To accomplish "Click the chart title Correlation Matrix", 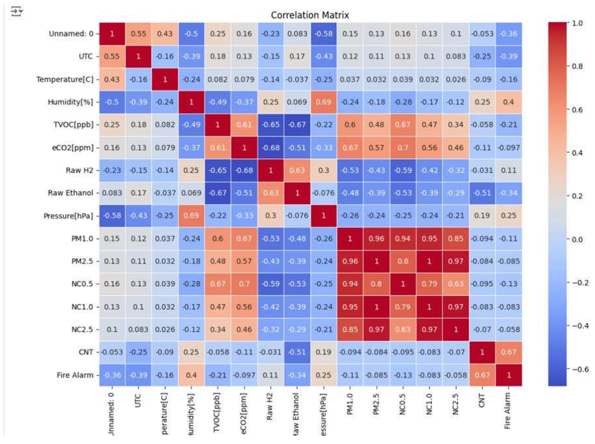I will coord(310,15).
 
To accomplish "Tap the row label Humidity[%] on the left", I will coord(70,102).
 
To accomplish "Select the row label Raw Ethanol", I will coord(70,193).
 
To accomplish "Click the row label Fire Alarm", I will coord(75,375).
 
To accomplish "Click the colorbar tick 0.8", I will coord(577,66).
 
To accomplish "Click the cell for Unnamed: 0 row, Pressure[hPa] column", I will coord(323,34).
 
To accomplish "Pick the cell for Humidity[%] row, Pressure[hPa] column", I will coord(323,102).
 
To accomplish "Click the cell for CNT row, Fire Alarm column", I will coord(508,352).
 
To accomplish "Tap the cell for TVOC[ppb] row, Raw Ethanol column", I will coord(297,125).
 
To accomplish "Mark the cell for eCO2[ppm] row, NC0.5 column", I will coord(403,147).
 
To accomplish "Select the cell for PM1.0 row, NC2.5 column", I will coord(456,239).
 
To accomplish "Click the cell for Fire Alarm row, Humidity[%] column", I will coord(191,375).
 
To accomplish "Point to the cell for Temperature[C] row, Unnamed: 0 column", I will coord(112,80).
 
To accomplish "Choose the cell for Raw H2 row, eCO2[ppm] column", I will coord(244,170).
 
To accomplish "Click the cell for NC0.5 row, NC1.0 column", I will coord(429,284).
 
